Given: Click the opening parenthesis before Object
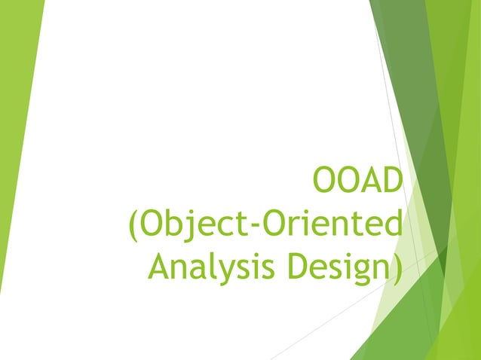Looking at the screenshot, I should [133, 226].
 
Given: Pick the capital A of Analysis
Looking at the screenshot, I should [160, 267].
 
